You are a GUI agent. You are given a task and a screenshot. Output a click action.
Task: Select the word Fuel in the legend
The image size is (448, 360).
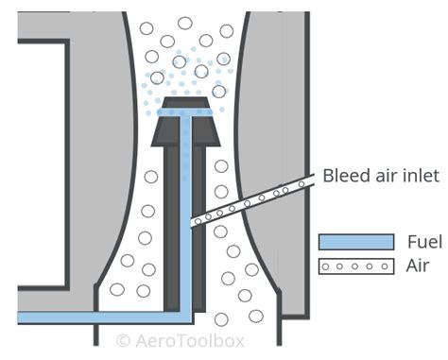[420, 241]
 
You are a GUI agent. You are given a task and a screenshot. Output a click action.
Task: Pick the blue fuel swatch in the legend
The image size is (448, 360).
[356, 241]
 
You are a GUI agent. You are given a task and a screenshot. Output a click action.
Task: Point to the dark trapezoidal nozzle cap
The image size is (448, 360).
[186, 127]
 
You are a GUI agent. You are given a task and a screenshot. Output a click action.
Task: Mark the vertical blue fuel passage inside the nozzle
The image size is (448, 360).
[187, 217]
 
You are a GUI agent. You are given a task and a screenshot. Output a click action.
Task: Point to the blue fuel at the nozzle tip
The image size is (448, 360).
[186, 112]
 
